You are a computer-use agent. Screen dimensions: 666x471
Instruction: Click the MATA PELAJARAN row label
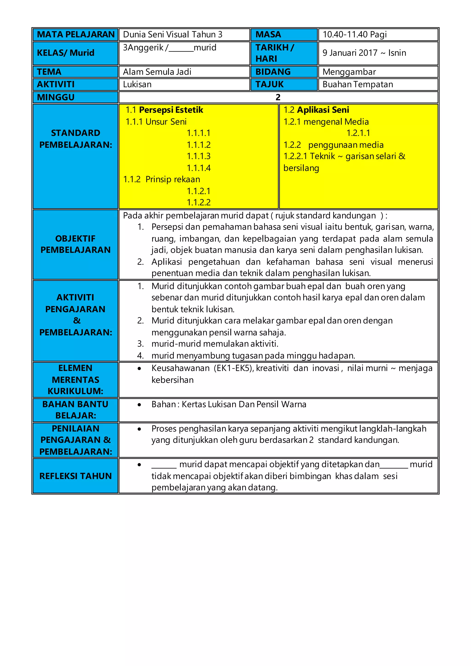click(x=75, y=34)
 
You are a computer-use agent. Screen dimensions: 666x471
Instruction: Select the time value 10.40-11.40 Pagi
click(x=354, y=34)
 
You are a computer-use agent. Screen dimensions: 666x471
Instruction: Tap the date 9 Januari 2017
click(x=350, y=53)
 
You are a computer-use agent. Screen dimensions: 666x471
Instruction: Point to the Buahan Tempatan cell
click(x=358, y=84)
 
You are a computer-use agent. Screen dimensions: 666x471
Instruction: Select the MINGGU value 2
click(x=278, y=97)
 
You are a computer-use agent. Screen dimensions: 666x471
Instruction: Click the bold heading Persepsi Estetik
click(x=171, y=110)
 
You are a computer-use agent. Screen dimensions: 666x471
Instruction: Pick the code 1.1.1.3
click(x=199, y=156)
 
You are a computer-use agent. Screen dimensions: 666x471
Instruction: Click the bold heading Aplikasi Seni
click(x=323, y=110)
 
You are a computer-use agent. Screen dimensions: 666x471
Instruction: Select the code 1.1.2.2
click(x=199, y=202)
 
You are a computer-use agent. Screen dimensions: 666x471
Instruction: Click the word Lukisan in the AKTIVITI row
click(x=137, y=84)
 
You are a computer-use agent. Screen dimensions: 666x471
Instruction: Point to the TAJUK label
click(x=270, y=84)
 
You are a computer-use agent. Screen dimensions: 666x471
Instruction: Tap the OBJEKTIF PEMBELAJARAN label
click(x=75, y=244)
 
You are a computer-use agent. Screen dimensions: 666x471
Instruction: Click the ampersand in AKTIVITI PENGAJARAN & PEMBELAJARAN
click(x=77, y=321)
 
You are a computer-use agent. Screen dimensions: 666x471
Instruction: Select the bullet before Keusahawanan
click(x=140, y=369)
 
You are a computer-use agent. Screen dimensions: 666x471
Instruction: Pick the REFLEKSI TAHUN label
click(x=75, y=476)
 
